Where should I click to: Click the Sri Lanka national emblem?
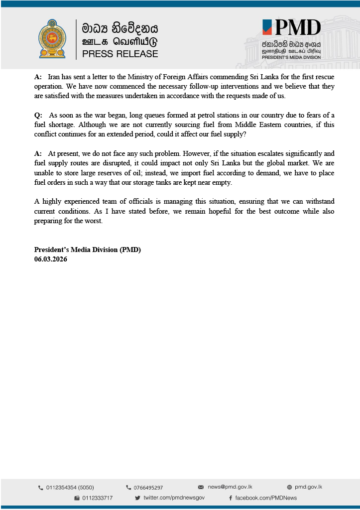(52, 39)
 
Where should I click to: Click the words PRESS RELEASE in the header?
(120, 54)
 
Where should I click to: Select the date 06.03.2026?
(51, 259)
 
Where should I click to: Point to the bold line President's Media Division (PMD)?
(91, 250)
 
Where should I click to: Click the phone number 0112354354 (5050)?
(70, 488)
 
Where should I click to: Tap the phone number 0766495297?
(148, 488)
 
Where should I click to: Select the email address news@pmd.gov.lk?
(229, 487)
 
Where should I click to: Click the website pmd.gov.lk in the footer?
(308, 487)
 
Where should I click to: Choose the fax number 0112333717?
(97, 498)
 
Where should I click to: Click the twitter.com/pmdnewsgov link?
(174, 498)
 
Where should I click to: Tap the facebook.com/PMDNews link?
(266, 498)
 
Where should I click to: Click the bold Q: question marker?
(38, 115)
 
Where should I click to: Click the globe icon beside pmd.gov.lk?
(289, 487)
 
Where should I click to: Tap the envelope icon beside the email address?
(201, 487)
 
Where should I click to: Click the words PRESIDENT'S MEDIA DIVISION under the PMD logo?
(291, 57)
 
